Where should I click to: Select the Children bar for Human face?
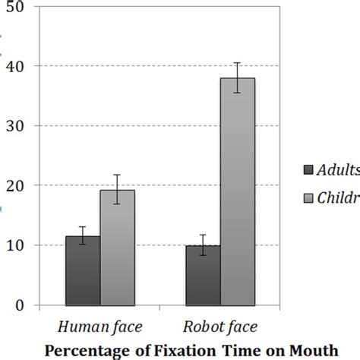tap(117, 248)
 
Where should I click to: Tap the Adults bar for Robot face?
tap(203, 275)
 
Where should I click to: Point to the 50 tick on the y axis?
tap(15, 7)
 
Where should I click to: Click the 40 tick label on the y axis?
tap(15, 66)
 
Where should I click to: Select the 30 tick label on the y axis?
tap(15, 126)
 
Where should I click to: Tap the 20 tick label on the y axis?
tap(15, 185)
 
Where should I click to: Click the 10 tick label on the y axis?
tap(15, 245)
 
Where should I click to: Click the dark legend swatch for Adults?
tap(308, 169)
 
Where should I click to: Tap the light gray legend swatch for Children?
tap(308, 198)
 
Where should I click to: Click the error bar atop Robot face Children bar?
tap(238, 77)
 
